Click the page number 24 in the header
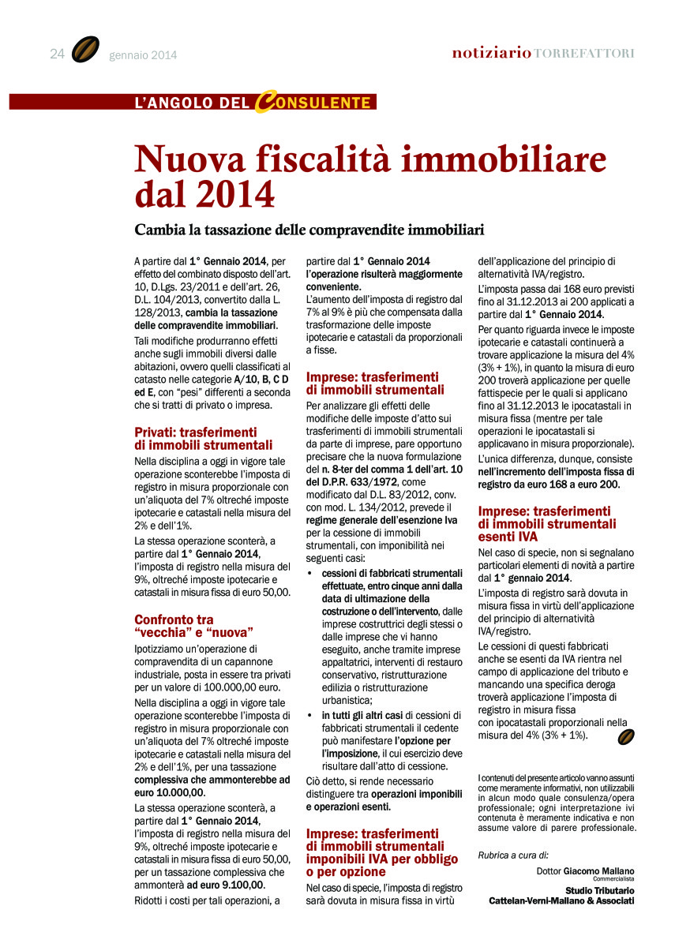coord(57,54)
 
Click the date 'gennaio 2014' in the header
coord(144,55)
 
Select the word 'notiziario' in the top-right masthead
coord(491,54)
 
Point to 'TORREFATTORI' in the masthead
coord(583,54)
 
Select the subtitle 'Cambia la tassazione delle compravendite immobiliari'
coord(309,230)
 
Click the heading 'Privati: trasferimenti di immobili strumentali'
coord(203,438)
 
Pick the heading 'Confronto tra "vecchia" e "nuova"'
coord(193,626)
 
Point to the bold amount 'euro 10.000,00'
coord(170,792)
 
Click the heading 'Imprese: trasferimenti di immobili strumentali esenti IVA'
coord(546,523)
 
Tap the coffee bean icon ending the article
coord(625,736)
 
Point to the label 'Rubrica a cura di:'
coord(513,854)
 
